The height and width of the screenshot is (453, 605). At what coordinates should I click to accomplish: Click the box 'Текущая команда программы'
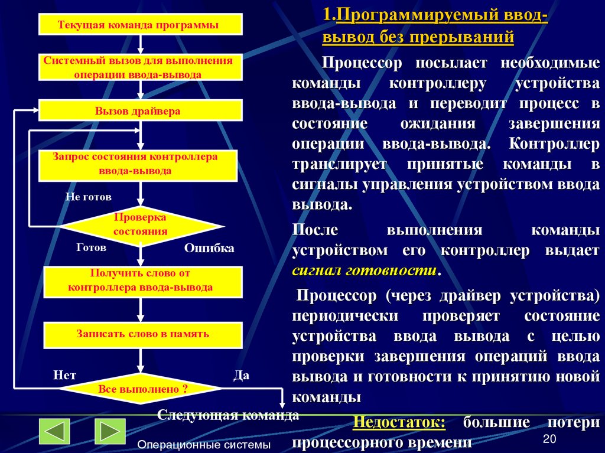(x=141, y=25)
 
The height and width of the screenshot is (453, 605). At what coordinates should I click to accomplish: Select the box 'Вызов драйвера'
(x=141, y=110)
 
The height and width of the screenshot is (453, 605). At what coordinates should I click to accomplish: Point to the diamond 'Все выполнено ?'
(x=142, y=389)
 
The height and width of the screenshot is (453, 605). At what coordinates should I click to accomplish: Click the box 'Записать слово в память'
(x=142, y=334)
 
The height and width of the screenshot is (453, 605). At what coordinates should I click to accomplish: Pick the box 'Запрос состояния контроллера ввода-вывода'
(x=137, y=165)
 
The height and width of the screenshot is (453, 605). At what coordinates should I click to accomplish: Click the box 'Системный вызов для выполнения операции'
(x=141, y=67)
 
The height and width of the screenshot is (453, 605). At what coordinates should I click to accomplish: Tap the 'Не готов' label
(x=88, y=197)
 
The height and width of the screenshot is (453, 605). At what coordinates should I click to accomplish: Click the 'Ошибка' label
(x=209, y=249)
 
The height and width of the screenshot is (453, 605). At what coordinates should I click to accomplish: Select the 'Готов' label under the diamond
(x=91, y=248)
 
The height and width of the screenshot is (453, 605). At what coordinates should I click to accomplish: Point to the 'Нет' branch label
(x=64, y=375)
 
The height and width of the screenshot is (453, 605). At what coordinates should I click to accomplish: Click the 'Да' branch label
(x=241, y=375)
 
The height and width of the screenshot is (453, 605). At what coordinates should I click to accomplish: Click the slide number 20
(x=549, y=438)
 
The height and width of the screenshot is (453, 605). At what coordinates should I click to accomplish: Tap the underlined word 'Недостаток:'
(x=399, y=423)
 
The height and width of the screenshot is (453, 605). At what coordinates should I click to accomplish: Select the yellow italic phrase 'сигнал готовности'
(x=365, y=271)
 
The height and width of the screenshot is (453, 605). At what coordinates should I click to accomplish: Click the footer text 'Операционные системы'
(x=204, y=444)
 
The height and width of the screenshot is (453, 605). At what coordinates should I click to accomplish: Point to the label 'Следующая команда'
(x=228, y=415)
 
